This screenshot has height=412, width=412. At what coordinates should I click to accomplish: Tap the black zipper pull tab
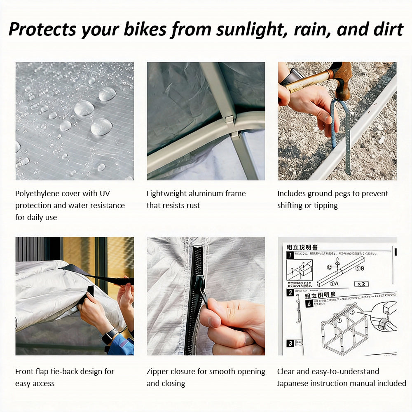point(199,284)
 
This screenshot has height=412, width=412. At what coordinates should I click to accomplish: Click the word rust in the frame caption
point(193,205)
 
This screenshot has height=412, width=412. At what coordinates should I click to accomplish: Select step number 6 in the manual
point(309,304)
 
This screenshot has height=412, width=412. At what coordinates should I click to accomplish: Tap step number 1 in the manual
point(290,255)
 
